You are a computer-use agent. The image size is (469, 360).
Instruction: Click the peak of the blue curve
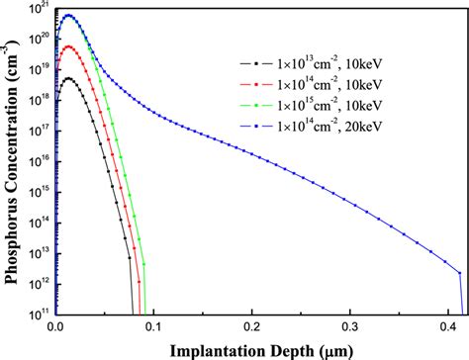[x=68, y=16]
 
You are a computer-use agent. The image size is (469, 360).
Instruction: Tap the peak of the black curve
[x=68, y=78]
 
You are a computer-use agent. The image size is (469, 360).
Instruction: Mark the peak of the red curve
[x=68, y=46]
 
